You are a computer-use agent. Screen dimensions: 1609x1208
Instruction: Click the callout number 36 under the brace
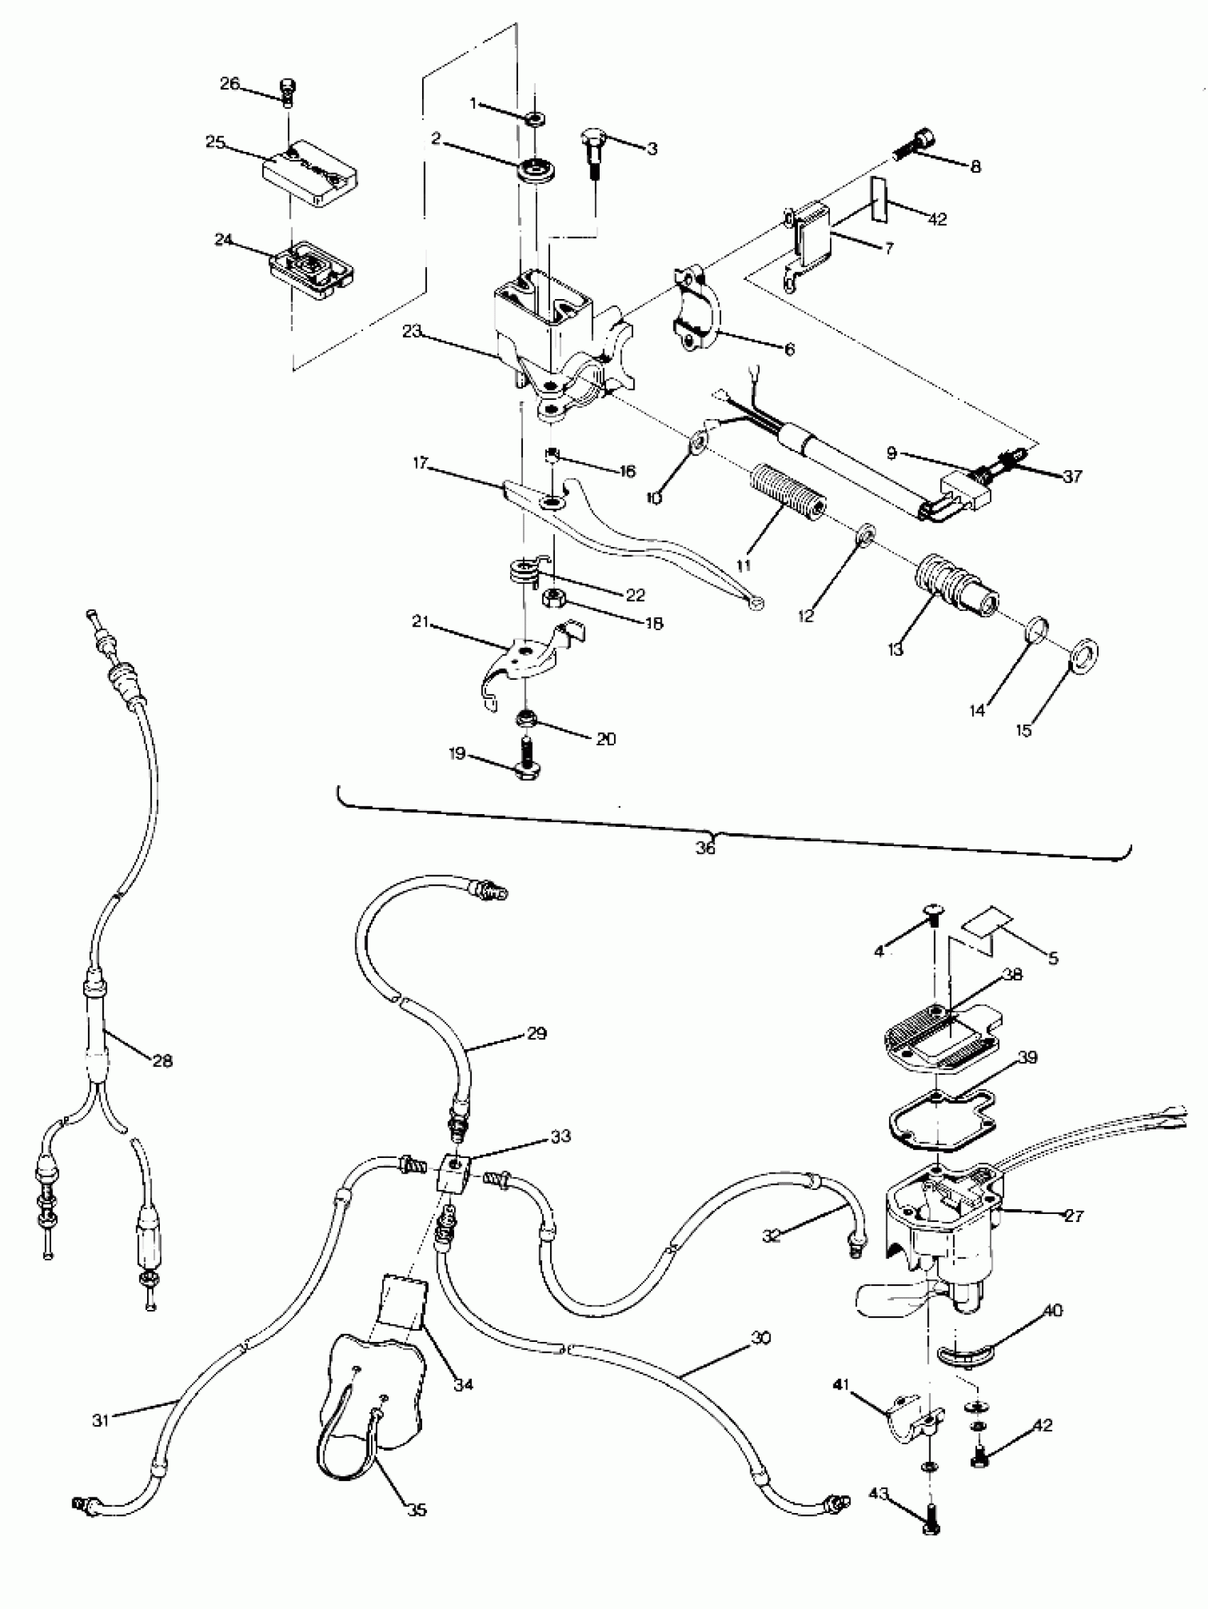point(704,848)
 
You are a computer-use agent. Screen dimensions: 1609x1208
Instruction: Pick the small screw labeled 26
point(290,94)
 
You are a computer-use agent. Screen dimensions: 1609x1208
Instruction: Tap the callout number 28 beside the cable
point(161,1061)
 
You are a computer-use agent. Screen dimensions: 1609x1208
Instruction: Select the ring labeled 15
point(1084,649)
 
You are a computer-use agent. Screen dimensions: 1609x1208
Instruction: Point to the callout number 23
point(412,331)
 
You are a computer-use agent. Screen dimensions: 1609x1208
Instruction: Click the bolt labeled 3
point(593,151)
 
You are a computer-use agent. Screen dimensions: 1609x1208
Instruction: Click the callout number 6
point(789,350)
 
